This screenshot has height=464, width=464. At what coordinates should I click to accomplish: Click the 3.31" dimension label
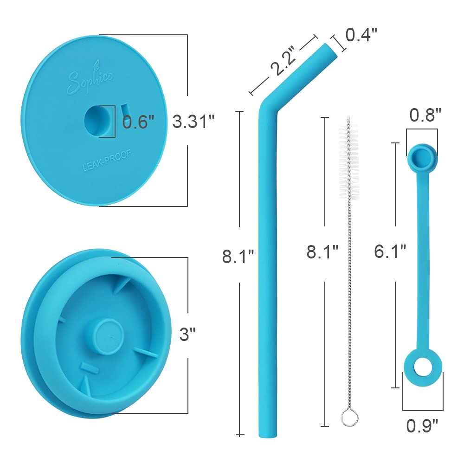pyautogui.click(x=193, y=121)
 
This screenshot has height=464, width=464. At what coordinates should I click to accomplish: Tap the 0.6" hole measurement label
pyautogui.click(x=138, y=121)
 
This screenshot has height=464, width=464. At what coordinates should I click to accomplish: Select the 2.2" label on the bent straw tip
pyautogui.click(x=283, y=61)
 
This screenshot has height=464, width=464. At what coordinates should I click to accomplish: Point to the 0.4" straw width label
pyautogui.click(x=361, y=35)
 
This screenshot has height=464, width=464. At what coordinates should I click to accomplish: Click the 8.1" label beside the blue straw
pyautogui.click(x=238, y=256)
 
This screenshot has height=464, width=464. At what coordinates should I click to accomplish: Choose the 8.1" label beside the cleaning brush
pyautogui.click(x=322, y=252)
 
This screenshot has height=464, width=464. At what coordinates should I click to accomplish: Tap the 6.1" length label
pyautogui.click(x=390, y=251)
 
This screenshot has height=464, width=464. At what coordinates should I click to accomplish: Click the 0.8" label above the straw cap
pyautogui.click(x=425, y=115)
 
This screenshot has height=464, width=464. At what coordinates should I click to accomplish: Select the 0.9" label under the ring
pyautogui.click(x=422, y=426)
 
